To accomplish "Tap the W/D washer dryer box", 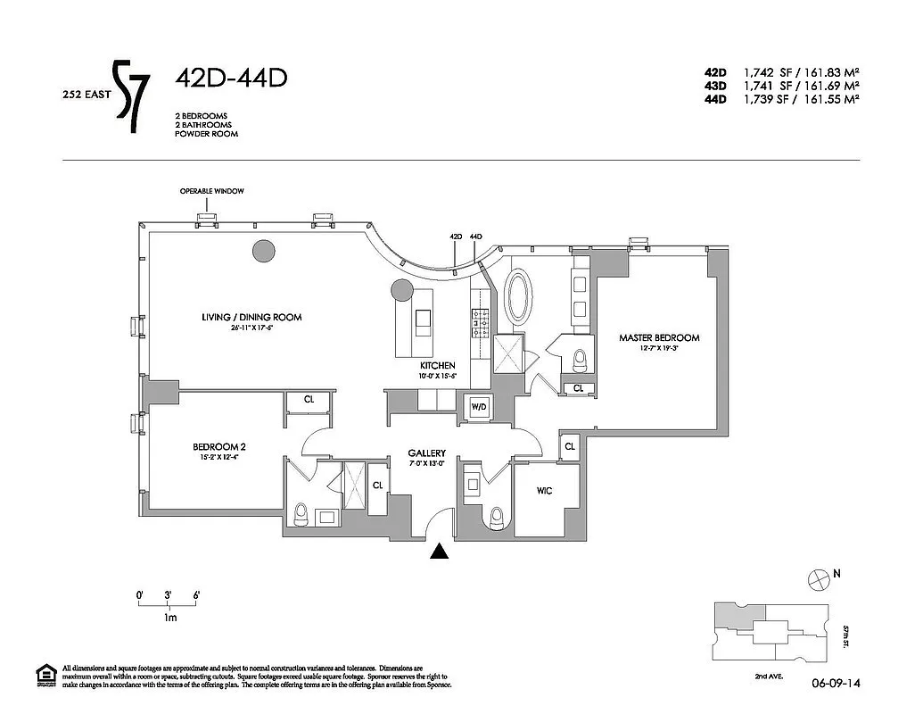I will (479, 407).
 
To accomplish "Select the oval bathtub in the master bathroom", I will (518, 295).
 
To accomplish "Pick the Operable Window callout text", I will (211, 191).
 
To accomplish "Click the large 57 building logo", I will (133, 96).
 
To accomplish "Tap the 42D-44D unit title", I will (231, 79).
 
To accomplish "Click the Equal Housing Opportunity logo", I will (45, 676).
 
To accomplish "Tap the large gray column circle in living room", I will (263, 252).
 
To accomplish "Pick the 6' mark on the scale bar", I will (195, 594).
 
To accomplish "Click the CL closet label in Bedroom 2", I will (309, 400).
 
